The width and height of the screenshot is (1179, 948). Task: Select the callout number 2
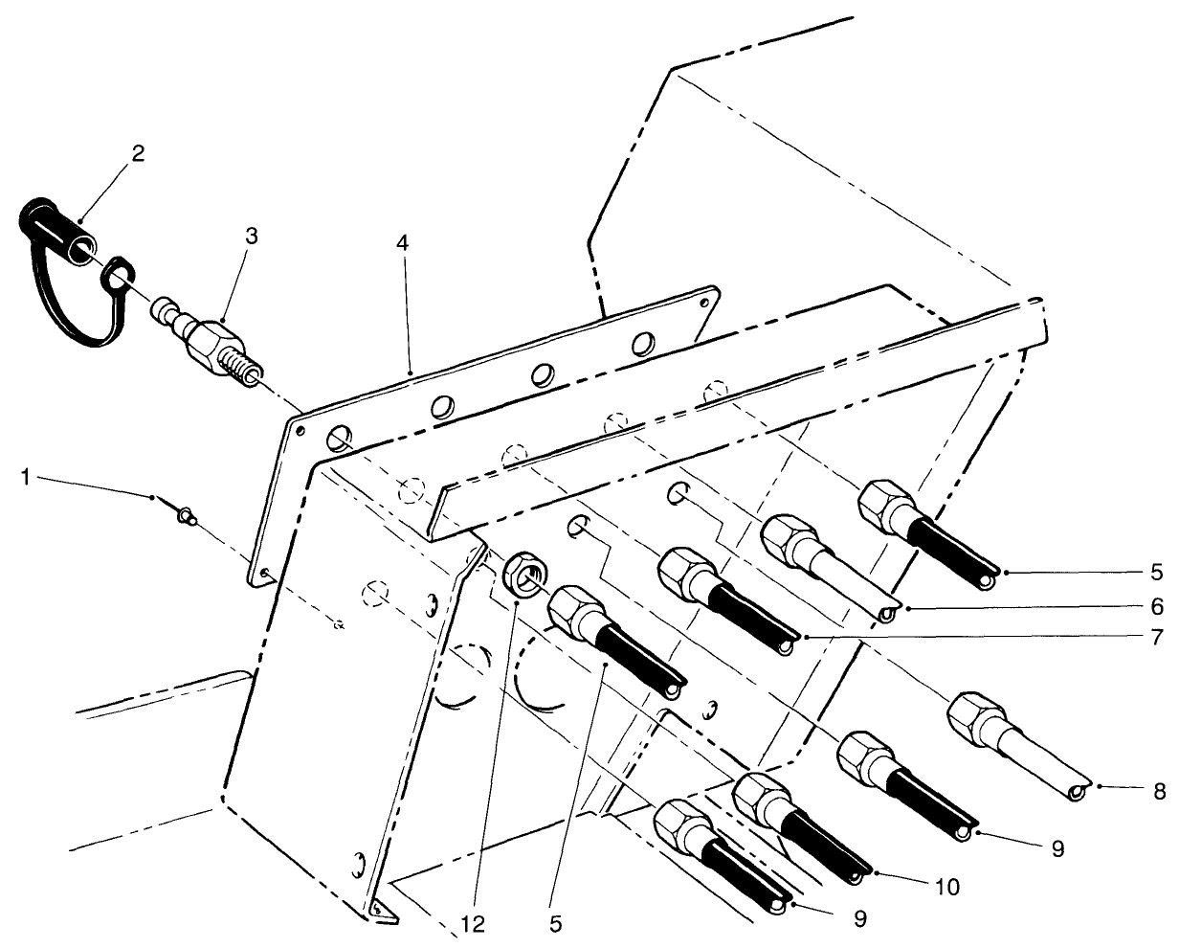point(138,154)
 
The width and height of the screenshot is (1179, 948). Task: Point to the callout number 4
point(403,243)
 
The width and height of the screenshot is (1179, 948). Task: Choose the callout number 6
point(1157,607)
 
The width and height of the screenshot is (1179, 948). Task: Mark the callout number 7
point(1157,636)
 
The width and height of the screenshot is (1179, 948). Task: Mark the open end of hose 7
point(787,647)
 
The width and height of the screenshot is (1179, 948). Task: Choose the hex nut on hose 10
point(762,795)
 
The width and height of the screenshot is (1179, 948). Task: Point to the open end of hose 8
point(1079,790)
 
